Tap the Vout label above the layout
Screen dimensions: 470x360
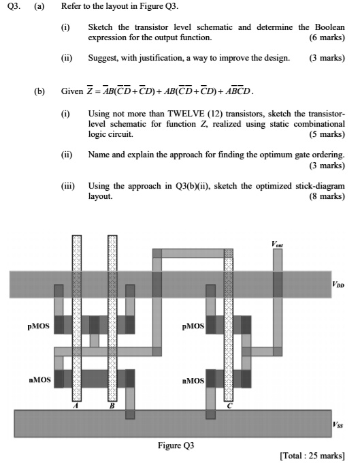pyautogui.click(x=277, y=242)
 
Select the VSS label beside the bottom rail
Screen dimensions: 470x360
pyautogui.click(x=338, y=424)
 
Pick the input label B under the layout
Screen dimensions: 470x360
pyautogui.click(x=113, y=406)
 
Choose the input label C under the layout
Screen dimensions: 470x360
pyautogui.click(x=229, y=406)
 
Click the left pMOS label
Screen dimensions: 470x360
pyautogui.click(x=39, y=326)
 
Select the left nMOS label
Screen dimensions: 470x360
pyautogui.click(x=39, y=379)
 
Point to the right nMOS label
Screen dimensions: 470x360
pyautogui.click(x=193, y=379)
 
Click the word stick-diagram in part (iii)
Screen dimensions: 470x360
pyautogui.click(x=319, y=185)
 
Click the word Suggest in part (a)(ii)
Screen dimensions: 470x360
pyautogui.click(x=103, y=58)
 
